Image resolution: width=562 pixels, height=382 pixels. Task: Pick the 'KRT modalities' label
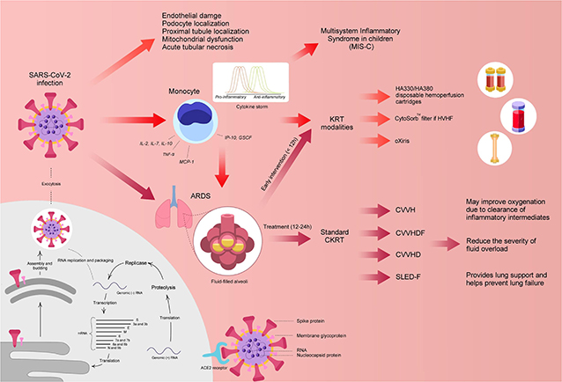336,121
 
